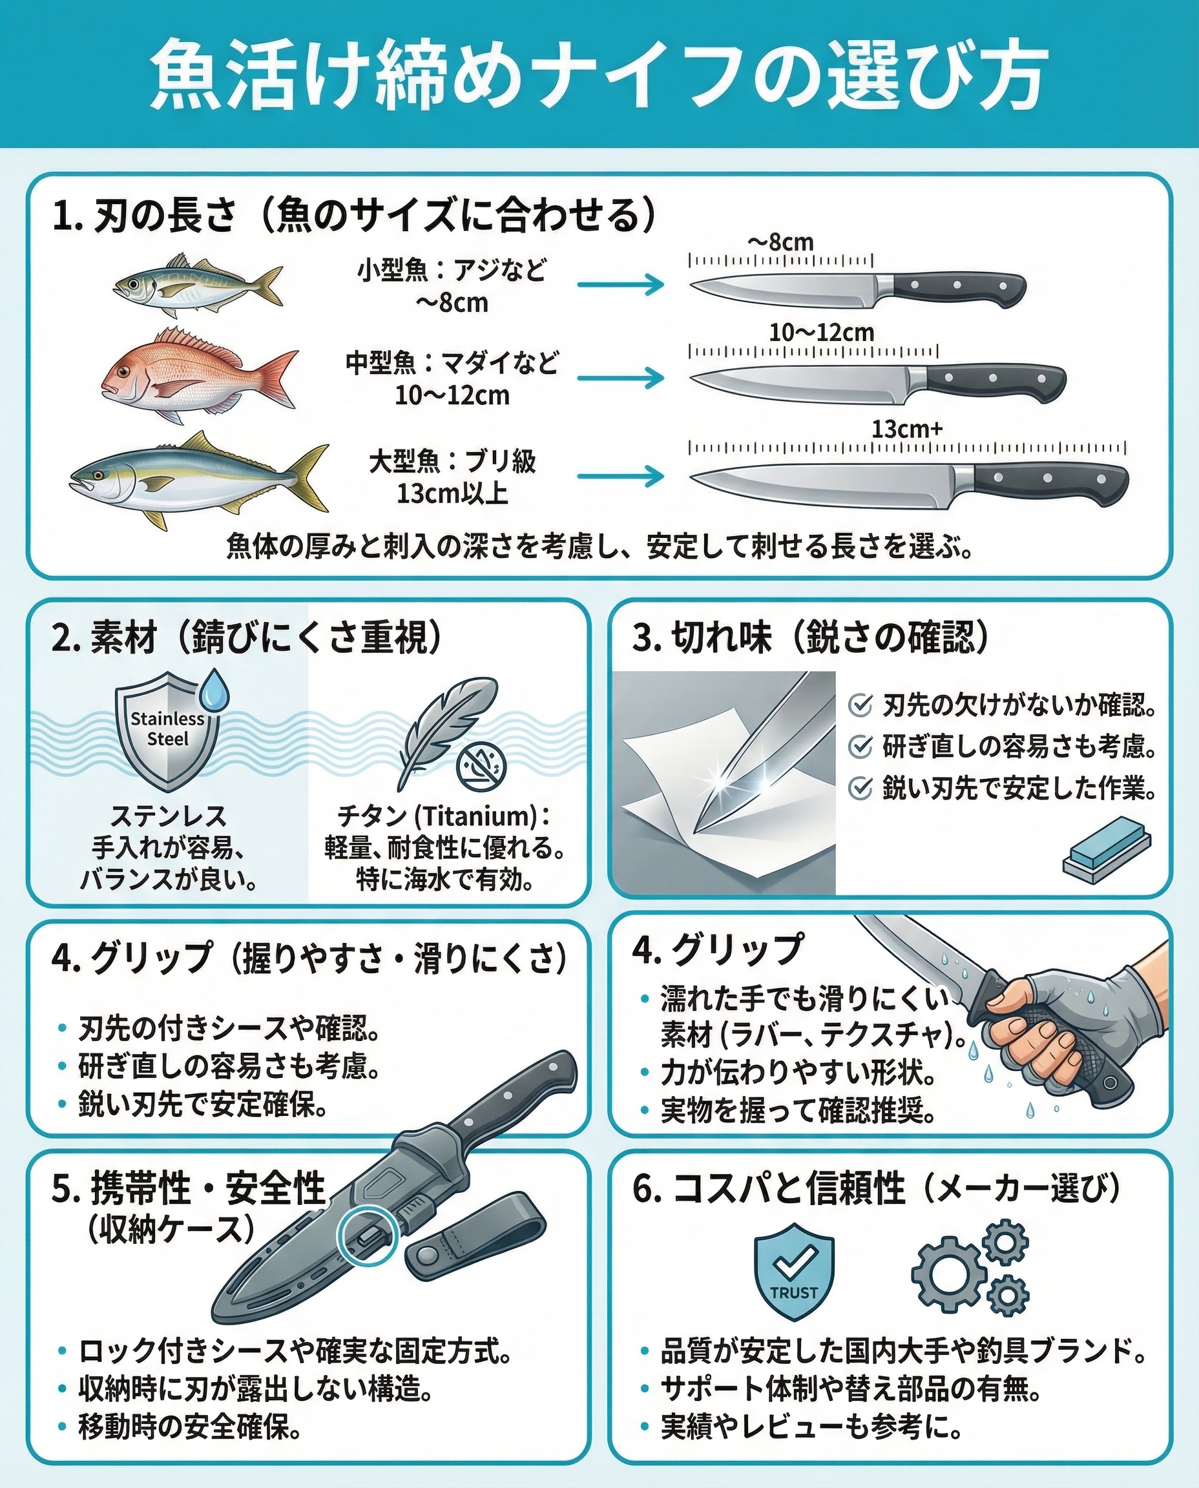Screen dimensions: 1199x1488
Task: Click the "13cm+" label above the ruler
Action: pyautogui.click(x=907, y=429)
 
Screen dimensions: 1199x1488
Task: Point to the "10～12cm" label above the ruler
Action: pyautogui.click(x=822, y=333)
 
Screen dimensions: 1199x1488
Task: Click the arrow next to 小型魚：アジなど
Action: pyautogui.click(x=620, y=284)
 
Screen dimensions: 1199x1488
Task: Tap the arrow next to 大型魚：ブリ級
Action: pyautogui.click(x=620, y=476)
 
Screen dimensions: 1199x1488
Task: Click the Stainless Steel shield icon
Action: pyautogui.click(x=169, y=731)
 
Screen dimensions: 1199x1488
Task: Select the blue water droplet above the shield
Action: pyautogui.click(x=214, y=688)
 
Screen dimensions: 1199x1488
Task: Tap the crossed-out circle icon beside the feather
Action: pyautogui.click(x=481, y=765)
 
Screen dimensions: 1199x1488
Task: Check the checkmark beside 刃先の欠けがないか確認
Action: pyautogui.click(x=860, y=706)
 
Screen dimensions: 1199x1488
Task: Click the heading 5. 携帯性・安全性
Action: pyautogui.click(x=188, y=1188)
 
